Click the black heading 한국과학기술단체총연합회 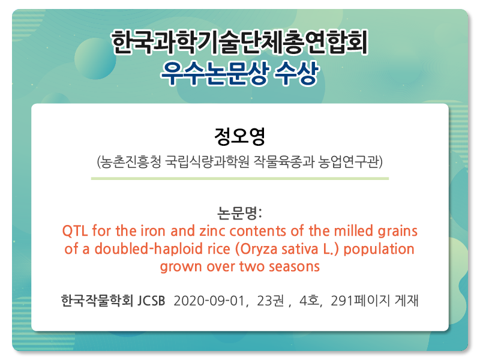coord(239,42)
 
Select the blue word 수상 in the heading coord(296,73)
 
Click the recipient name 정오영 coord(239,136)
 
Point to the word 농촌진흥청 coord(130,161)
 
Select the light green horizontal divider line coord(239,178)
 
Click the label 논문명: coord(239,213)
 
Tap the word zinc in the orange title coord(212,231)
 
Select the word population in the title coord(379,249)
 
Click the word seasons coord(294,266)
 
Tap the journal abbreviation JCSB coord(151,301)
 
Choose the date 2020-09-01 coord(209,301)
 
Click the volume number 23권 coord(271,301)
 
